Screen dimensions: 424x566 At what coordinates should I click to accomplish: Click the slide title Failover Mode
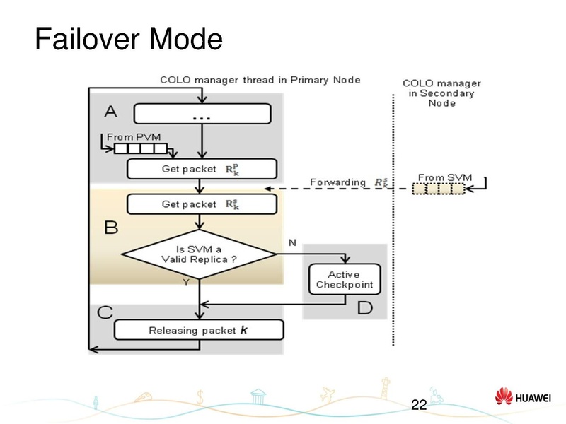click(128, 40)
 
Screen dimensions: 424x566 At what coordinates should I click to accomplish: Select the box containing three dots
click(202, 114)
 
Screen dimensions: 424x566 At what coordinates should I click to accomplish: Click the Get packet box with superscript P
click(202, 169)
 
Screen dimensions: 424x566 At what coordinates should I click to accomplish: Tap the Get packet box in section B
click(202, 204)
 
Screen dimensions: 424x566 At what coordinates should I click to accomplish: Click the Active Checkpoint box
click(344, 280)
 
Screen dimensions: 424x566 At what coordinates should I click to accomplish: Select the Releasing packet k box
click(199, 330)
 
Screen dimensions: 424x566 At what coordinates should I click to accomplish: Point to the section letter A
click(110, 111)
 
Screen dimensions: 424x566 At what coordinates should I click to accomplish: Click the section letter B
click(111, 228)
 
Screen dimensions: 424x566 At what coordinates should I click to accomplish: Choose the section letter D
click(364, 307)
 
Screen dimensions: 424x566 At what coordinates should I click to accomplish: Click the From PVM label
click(129, 136)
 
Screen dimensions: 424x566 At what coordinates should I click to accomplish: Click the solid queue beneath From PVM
click(141, 148)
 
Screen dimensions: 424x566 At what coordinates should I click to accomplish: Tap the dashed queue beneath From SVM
click(439, 189)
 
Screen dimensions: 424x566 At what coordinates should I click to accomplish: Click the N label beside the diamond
click(291, 242)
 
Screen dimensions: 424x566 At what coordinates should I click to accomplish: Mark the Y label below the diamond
click(186, 282)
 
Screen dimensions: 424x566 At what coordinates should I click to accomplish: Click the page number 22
click(419, 405)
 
